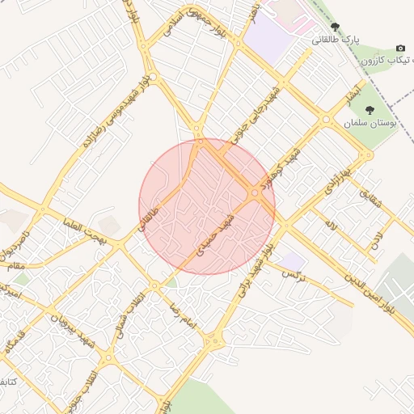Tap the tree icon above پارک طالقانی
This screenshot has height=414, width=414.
(x=335, y=27)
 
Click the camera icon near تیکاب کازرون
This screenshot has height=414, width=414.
(x=399, y=49)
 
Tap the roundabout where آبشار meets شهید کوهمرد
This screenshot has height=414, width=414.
(x=326, y=120)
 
